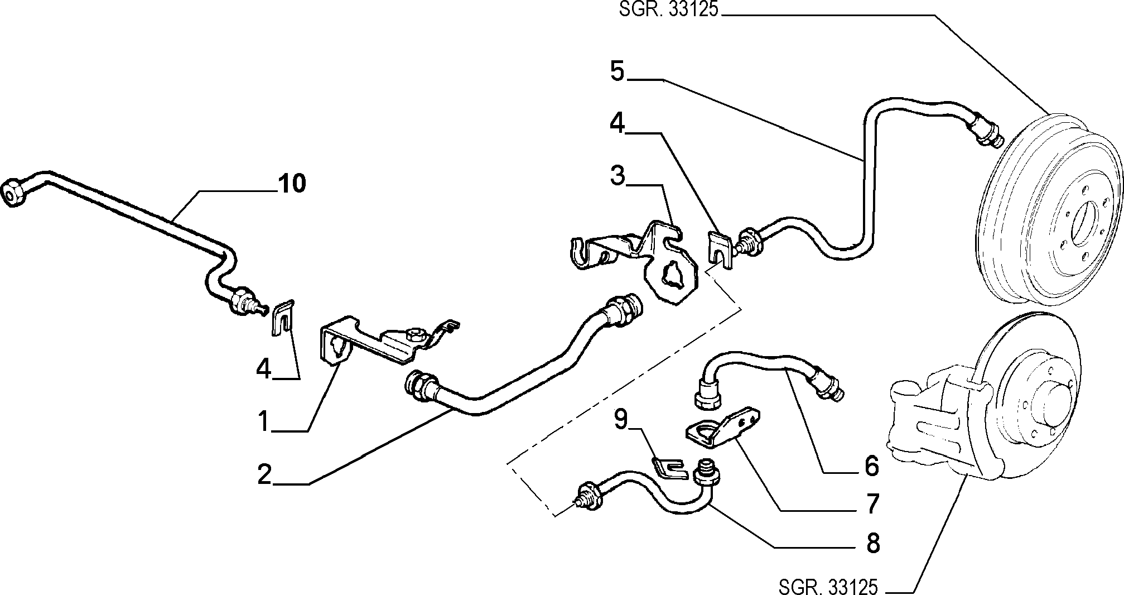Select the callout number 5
[617, 72]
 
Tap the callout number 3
[617, 175]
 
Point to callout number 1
[263, 421]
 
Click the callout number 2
[264, 474]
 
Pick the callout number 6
[871, 466]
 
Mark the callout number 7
[871, 503]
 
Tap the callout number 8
[872, 543]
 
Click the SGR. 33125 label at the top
[668, 11]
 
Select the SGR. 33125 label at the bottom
[828, 587]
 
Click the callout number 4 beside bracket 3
[617, 123]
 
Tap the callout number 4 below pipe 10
[263, 368]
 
